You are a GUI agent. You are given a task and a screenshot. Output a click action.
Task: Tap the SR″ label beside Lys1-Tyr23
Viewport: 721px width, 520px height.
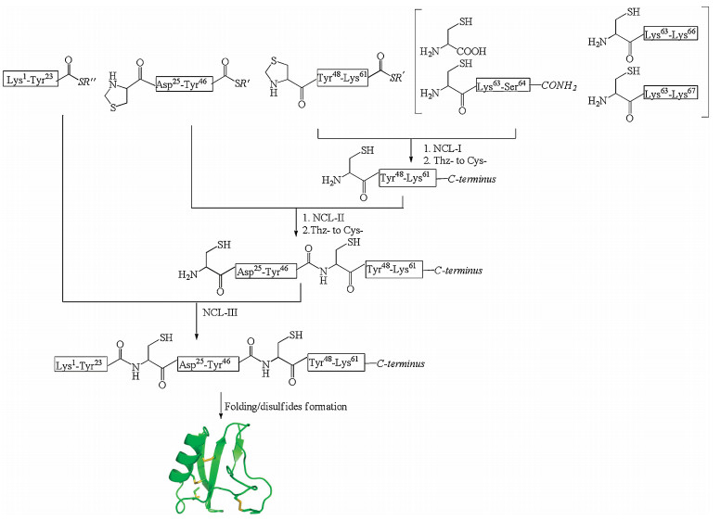pyautogui.click(x=82, y=77)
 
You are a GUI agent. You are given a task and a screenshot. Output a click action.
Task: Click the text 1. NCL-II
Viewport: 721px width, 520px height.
pyautogui.click(x=323, y=216)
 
